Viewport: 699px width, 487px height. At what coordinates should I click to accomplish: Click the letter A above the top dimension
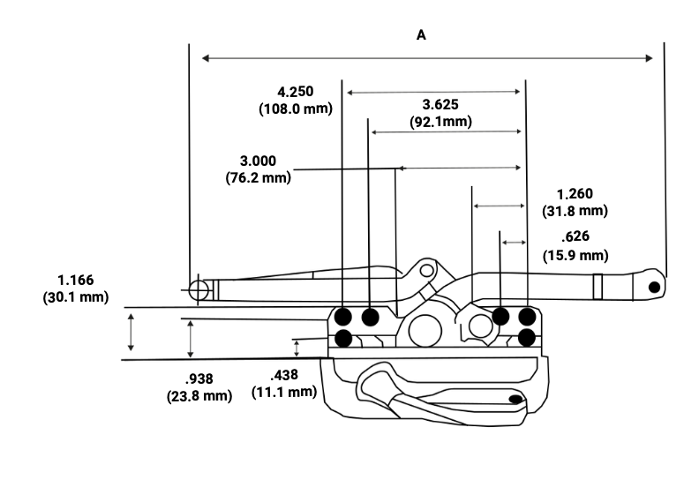tap(421, 34)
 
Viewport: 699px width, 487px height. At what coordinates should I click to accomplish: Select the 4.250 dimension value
tap(295, 92)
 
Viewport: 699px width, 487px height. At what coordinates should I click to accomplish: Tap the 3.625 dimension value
tap(440, 104)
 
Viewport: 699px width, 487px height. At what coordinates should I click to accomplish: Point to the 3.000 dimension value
tap(258, 161)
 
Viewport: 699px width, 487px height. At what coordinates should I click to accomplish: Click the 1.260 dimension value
tap(575, 194)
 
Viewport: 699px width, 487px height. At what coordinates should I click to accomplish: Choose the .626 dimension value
tap(575, 236)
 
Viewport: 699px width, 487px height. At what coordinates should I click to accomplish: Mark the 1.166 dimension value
tap(75, 280)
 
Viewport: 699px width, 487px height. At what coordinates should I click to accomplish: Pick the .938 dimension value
tap(199, 378)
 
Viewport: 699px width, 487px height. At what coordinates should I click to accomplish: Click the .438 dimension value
tap(284, 375)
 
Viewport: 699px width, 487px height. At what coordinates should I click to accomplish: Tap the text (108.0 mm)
tap(296, 109)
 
